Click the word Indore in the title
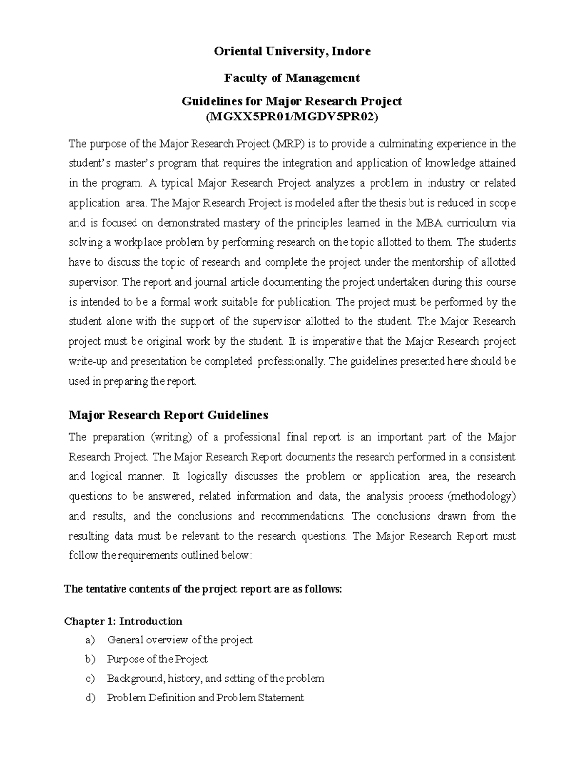point(351,51)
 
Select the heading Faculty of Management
point(292,78)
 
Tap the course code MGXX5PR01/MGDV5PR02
point(292,117)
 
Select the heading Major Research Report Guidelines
point(168,415)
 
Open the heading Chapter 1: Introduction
point(123,621)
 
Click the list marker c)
point(90,679)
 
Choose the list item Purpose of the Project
point(157,659)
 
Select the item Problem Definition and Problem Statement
point(205,698)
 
